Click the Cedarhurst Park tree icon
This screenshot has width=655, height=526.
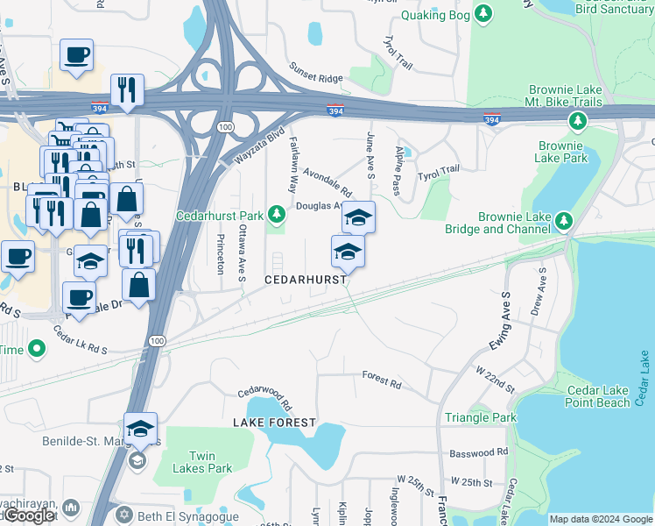277,214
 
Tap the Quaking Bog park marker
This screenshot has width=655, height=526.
483,14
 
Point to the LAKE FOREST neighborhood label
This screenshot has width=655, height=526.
274,423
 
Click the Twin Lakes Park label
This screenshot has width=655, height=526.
202,462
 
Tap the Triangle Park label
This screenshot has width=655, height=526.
481,418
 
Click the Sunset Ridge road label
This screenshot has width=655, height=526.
317,78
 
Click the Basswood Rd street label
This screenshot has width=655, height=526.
478,453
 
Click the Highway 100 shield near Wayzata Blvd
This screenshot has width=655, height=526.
226,127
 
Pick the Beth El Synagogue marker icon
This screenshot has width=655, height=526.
123,512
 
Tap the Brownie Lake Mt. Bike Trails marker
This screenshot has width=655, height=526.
577,119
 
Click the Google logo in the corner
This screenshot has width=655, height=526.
29,515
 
